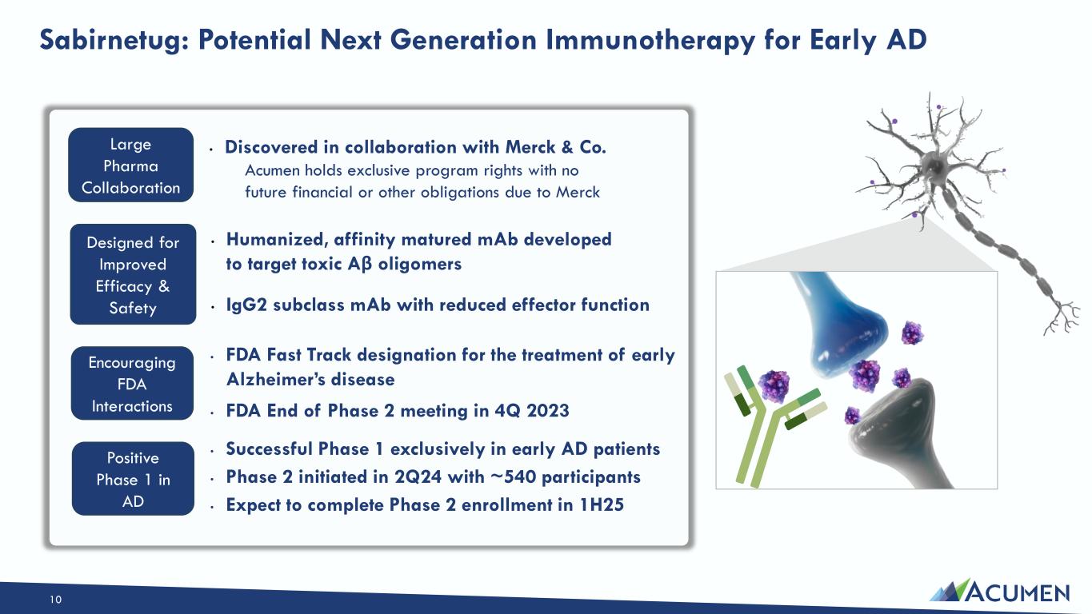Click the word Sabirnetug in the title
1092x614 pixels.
coord(114,41)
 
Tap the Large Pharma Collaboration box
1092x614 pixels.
coord(130,165)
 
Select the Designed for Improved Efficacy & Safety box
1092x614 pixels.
coord(133,274)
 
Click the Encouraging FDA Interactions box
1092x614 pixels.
coord(132,384)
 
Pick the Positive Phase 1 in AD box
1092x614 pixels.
coord(133,479)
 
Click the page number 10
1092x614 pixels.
coord(56,600)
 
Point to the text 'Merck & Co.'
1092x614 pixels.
coord(556,147)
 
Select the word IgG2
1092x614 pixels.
coord(246,305)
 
